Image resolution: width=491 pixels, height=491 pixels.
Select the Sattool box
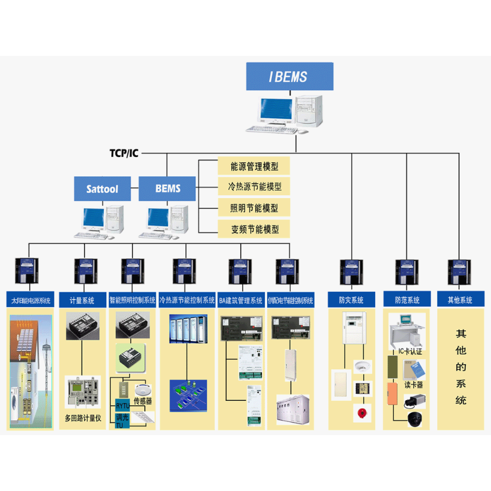coord(102,188)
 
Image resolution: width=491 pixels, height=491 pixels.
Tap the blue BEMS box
coord(167,188)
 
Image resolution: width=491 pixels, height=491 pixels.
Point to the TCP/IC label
coord(124,153)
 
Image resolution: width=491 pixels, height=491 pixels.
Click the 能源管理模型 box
coord(254,167)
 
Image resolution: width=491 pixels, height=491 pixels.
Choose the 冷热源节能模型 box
coord(254,187)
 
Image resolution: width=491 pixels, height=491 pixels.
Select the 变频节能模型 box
coord(254,229)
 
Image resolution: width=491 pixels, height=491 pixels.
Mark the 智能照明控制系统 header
coord(132,300)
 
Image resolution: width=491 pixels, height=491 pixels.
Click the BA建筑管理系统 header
coord(240,300)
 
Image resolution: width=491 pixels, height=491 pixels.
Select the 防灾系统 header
coord(351,300)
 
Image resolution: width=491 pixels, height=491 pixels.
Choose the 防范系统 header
coord(407,300)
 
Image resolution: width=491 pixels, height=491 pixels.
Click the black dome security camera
coord(415,420)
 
